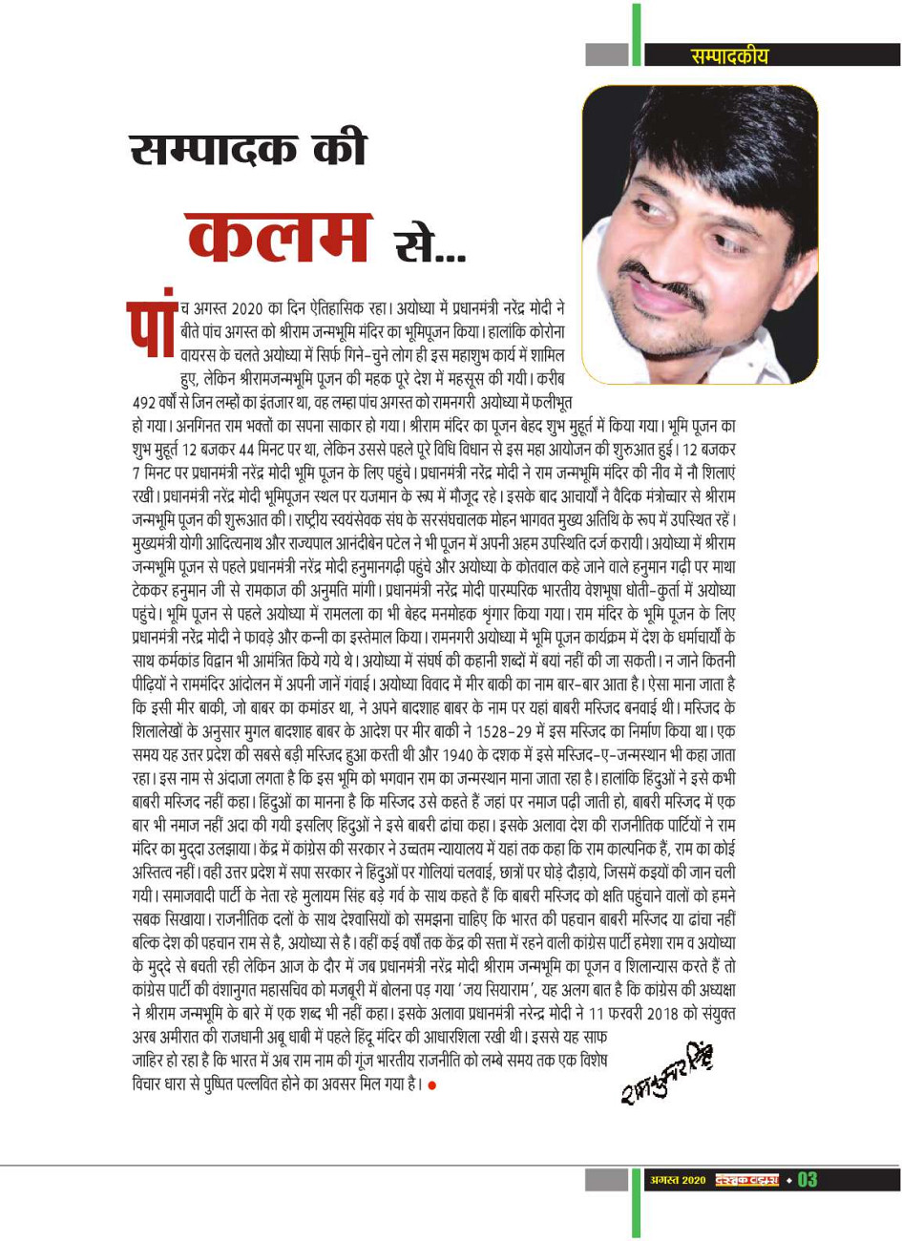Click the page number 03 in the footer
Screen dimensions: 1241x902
[x=807, y=1180]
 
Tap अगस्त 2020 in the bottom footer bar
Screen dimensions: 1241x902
[x=678, y=1181]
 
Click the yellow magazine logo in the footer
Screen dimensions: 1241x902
[x=747, y=1181]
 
